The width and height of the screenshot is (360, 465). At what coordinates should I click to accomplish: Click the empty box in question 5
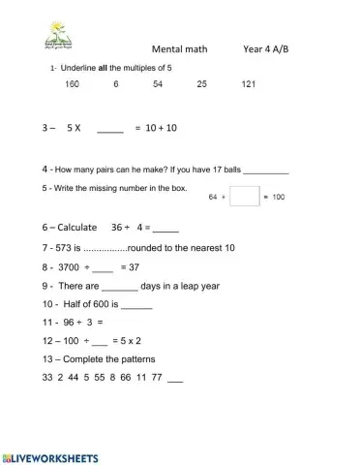(x=245, y=197)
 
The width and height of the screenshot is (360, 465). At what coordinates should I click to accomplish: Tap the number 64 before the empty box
(x=215, y=198)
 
